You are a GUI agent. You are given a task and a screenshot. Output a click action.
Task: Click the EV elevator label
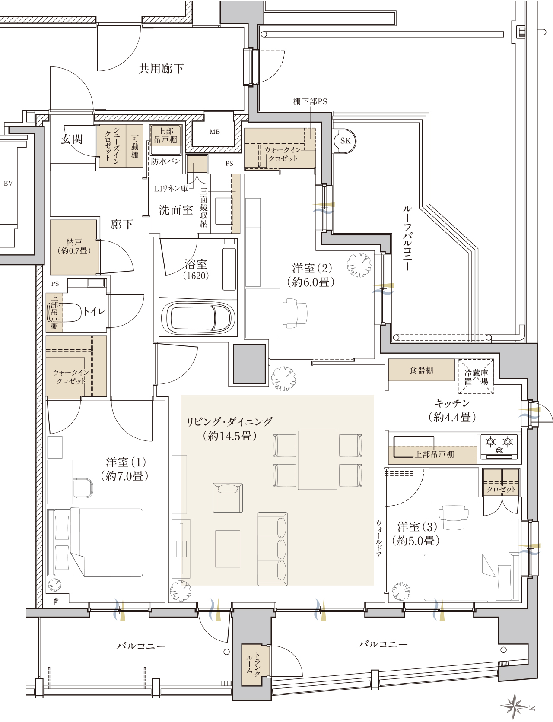(x=8, y=184)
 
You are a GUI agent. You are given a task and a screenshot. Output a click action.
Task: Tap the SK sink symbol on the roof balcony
(x=344, y=141)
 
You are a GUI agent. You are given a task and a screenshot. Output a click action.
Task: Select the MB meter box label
(x=215, y=132)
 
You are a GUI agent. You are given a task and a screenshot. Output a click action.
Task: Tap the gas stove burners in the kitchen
(x=499, y=447)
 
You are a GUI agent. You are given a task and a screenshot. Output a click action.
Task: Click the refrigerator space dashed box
(x=476, y=377)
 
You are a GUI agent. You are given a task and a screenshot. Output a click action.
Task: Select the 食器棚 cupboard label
(x=421, y=370)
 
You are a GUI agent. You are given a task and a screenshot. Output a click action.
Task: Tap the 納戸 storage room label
(x=74, y=247)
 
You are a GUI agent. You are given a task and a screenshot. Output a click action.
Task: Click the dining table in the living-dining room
(x=318, y=460)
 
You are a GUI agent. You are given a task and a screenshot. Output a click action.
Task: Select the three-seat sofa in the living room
(x=273, y=549)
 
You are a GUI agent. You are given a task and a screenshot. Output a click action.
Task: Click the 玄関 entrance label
(x=72, y=139)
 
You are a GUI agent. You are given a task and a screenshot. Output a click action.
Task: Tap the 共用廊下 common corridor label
(x=162, y=69)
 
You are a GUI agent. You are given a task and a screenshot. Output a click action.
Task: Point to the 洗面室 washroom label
(x=176, y=210)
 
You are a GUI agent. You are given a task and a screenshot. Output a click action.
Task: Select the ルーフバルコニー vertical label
(x=407, y=238)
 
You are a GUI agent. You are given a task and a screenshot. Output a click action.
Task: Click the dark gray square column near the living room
(x=249, y=364)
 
